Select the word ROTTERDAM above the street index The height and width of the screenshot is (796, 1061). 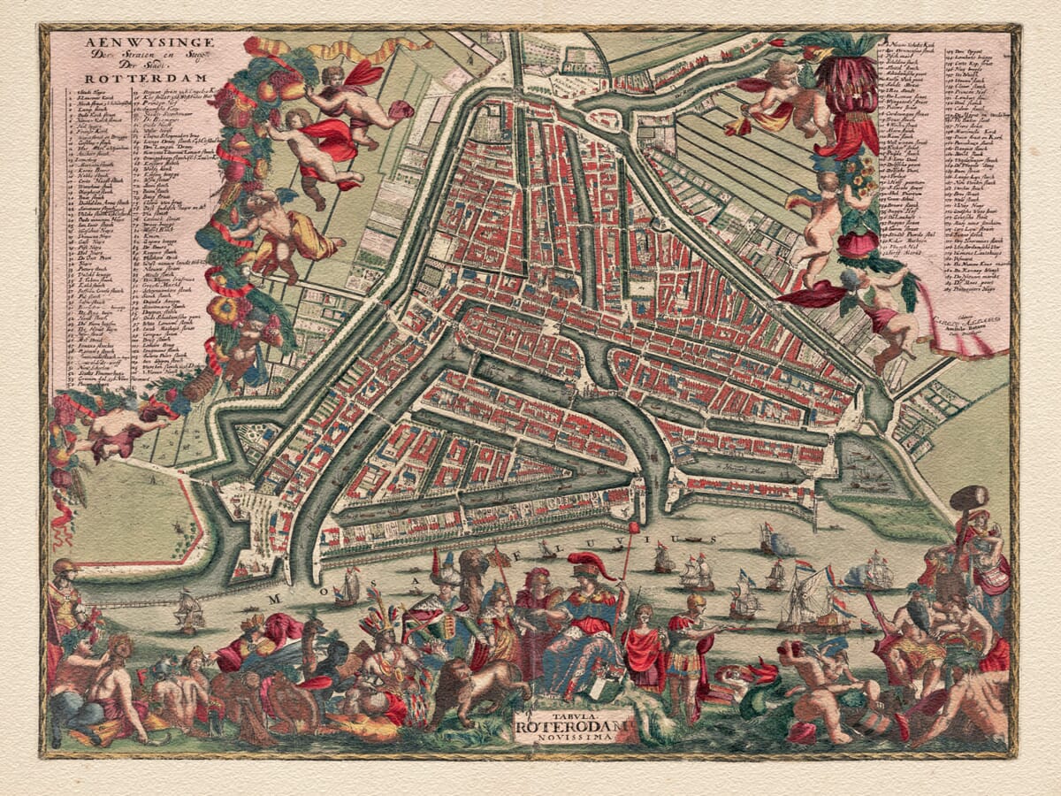[121, 76]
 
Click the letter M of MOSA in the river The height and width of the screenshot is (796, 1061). [273, 598]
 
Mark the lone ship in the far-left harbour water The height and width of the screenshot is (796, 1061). [188, 610]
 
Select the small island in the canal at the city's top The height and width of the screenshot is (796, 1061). [603, 119]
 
